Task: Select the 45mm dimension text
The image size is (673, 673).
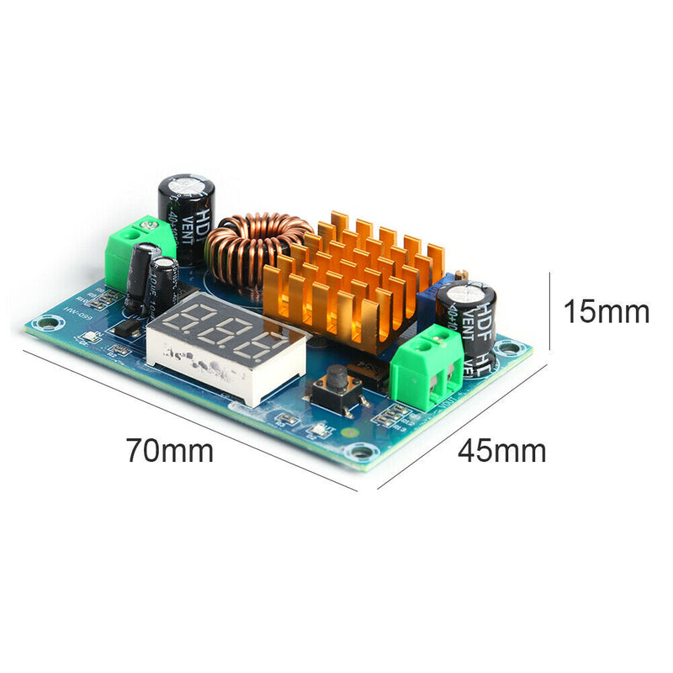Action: pos(501,451)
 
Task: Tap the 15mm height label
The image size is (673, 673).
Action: pos(606,311)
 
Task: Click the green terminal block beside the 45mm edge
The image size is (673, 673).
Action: pos(426,368)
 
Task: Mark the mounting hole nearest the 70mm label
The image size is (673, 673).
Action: pos(361,453)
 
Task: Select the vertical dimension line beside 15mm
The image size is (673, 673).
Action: pos(549,311)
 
